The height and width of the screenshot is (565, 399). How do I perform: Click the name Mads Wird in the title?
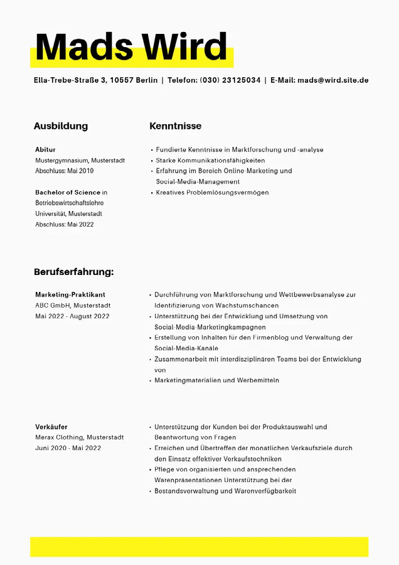coord(131,46)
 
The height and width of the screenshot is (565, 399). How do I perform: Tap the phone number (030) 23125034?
coord(230,80)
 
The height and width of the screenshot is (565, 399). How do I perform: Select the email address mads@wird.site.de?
coord(332,80)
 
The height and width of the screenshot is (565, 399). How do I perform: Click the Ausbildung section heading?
coord(61,126)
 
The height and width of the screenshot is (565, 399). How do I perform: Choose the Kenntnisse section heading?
coord(175,126)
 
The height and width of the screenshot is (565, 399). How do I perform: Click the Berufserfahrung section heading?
coord(73,272)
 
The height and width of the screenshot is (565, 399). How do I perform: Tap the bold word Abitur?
coord(45,149)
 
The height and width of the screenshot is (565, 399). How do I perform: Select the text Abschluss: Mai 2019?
coord(64,171)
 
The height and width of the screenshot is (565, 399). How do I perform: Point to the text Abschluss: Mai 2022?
coord(64,224)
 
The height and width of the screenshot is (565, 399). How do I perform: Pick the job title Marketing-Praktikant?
coord(70,294)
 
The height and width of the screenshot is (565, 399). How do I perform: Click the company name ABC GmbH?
coord(52,305)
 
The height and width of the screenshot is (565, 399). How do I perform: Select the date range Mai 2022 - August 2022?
coord(72,316)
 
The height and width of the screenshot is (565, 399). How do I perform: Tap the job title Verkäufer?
coord(51,427)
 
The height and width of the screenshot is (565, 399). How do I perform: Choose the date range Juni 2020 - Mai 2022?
coord(68,448)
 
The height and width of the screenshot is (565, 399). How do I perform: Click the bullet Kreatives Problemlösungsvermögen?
coord(212,192)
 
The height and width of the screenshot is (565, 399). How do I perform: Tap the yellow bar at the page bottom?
coord(199,546)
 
